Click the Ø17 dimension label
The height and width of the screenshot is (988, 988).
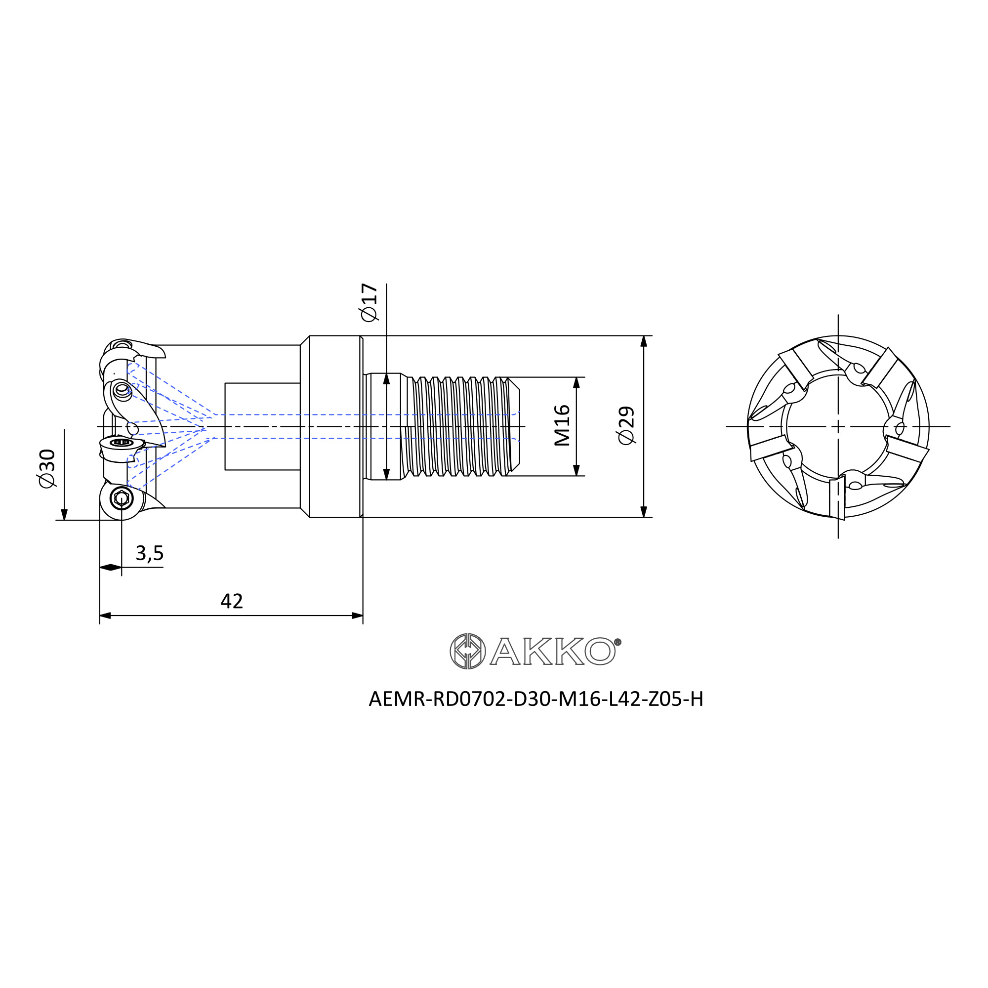[369, 302]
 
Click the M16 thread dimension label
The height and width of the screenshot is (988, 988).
[562, 425]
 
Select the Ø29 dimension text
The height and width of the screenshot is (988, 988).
[626, 425]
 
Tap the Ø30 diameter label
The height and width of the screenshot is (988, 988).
[47, 468]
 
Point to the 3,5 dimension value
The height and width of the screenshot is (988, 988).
[149, 553]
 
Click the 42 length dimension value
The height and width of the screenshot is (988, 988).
[232, 601]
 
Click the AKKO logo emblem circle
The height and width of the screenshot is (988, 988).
[467, 651]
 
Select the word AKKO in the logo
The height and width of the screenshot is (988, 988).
[552, 651]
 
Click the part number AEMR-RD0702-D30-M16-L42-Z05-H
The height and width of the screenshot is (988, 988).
[536, 699]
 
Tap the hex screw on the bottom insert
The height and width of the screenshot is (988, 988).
[121, 497]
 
